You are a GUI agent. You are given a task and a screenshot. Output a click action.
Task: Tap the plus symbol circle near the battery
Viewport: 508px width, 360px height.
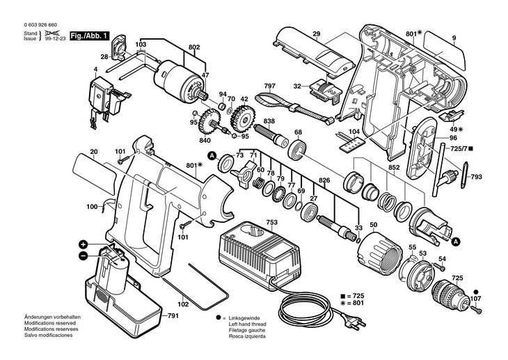pyautogui.click(x=83, y=244)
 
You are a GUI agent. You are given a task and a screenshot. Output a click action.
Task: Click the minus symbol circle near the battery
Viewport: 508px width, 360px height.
pyautogui.click(x=83, y=256)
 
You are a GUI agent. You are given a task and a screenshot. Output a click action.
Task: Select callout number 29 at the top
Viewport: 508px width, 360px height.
pyautogui.click(x=316, y=34)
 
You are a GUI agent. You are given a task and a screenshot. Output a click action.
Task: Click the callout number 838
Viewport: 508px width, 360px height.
pyautogui.click(x=269, y=121)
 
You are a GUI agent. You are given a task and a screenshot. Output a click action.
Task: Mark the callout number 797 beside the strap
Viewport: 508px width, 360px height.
pyautogui.click(x=269, y=87)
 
